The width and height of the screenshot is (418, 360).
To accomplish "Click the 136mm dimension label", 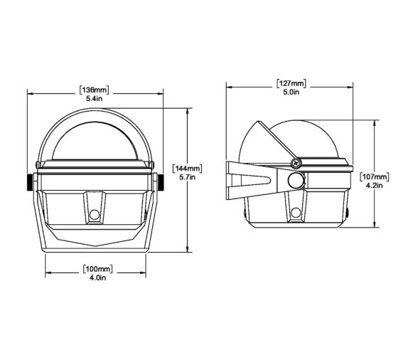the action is [95, 90].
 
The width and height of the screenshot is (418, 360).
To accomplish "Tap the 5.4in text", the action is [95, 99].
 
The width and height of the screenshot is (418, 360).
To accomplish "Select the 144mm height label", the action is [188, 169].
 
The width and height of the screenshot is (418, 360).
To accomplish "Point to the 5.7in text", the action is [188, 177].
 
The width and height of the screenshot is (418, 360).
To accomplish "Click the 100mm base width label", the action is [98, 269].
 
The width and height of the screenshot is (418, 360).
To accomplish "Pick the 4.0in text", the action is [98, 277].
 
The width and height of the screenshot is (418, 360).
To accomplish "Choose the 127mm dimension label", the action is [291, 83].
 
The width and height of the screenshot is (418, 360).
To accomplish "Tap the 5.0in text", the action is [291, 92].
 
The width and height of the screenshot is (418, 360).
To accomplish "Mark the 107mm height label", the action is [374, 176].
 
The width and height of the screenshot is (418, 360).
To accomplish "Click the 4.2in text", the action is [374, 186].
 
